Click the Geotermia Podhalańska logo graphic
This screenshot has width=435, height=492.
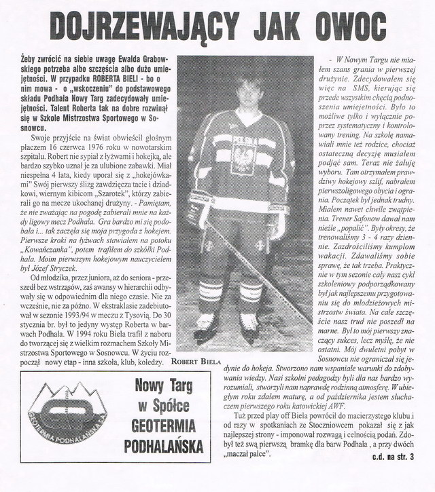point(65,425)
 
